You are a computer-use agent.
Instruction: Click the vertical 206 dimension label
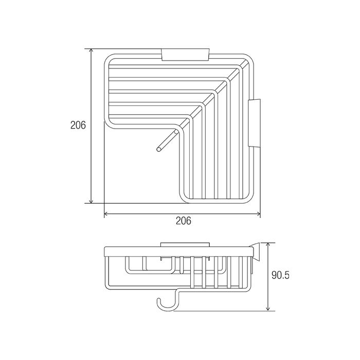78,125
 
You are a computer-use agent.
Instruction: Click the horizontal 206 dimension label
184,221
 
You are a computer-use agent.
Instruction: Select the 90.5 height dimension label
280,275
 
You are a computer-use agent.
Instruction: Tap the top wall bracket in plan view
185,55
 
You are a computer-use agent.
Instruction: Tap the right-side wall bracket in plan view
255,123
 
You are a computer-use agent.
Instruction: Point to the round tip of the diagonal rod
158,150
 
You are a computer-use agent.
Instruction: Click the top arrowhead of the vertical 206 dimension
92,51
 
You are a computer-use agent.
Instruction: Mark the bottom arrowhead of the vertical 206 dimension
92,201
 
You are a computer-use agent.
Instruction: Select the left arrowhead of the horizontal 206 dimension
106,214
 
